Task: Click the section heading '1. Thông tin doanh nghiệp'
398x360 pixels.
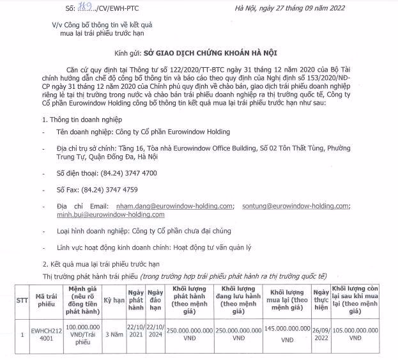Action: click(x=81, y=119)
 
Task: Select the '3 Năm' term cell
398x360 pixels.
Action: click(x=114, y=333)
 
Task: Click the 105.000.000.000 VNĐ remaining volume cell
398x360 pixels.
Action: click(x=364, y=333)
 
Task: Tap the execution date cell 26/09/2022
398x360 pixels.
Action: click(x=321, y=333)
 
